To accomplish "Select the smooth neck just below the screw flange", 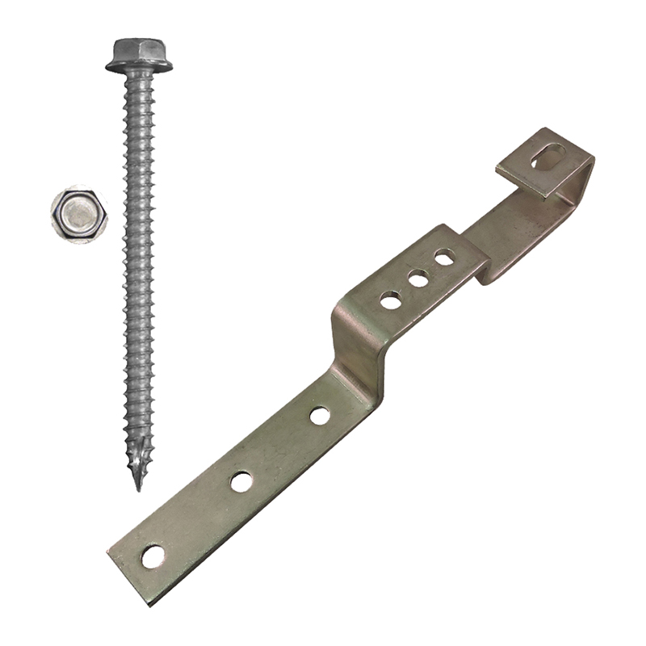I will coord(139,78).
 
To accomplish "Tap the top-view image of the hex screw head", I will coord(78,214).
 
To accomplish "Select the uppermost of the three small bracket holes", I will coord(444,258).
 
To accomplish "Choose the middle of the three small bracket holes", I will coord(417,279).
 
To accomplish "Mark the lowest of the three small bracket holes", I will coord(391,301).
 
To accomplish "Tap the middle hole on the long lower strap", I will coord(241,482).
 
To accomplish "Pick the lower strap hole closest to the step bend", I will coord(320,416).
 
